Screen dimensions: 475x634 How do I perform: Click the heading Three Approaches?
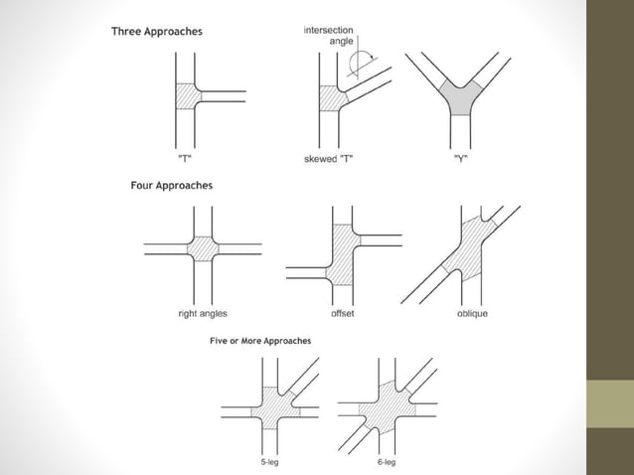coord(156,32)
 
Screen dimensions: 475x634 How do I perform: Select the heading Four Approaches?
coord(171,185)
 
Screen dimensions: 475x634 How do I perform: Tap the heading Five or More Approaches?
coord(259,341)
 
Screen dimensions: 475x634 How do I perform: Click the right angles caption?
coord(203,314)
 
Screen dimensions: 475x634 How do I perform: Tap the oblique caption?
coord(472,314)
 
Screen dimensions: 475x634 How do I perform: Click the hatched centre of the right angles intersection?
coord(203,248)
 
